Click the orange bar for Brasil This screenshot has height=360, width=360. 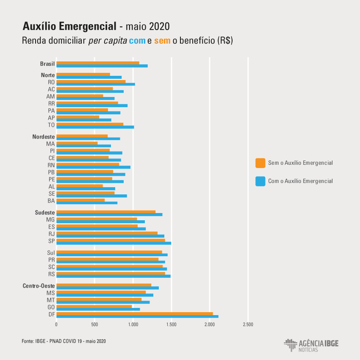pos(97,63)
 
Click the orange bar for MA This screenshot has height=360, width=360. pos(77,143)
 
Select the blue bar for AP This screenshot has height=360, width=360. pos(83,120)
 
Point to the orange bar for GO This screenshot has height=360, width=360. pos(94,306)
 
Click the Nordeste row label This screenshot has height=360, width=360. pos(43,137)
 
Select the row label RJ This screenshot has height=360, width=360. pos(51,234)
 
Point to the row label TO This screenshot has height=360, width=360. pos(51,125)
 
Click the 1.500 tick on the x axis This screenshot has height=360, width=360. pos(171,325)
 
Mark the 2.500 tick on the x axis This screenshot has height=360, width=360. pos(248,325)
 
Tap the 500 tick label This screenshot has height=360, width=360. pos(94,325)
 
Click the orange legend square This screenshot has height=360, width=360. pos(260,163)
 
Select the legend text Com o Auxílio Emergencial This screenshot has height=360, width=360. pos(300,181)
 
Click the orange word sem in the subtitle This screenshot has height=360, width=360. pos(162,41)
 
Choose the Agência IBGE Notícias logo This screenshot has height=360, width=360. pos(311,345)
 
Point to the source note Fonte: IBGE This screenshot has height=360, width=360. pos(64,341)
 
